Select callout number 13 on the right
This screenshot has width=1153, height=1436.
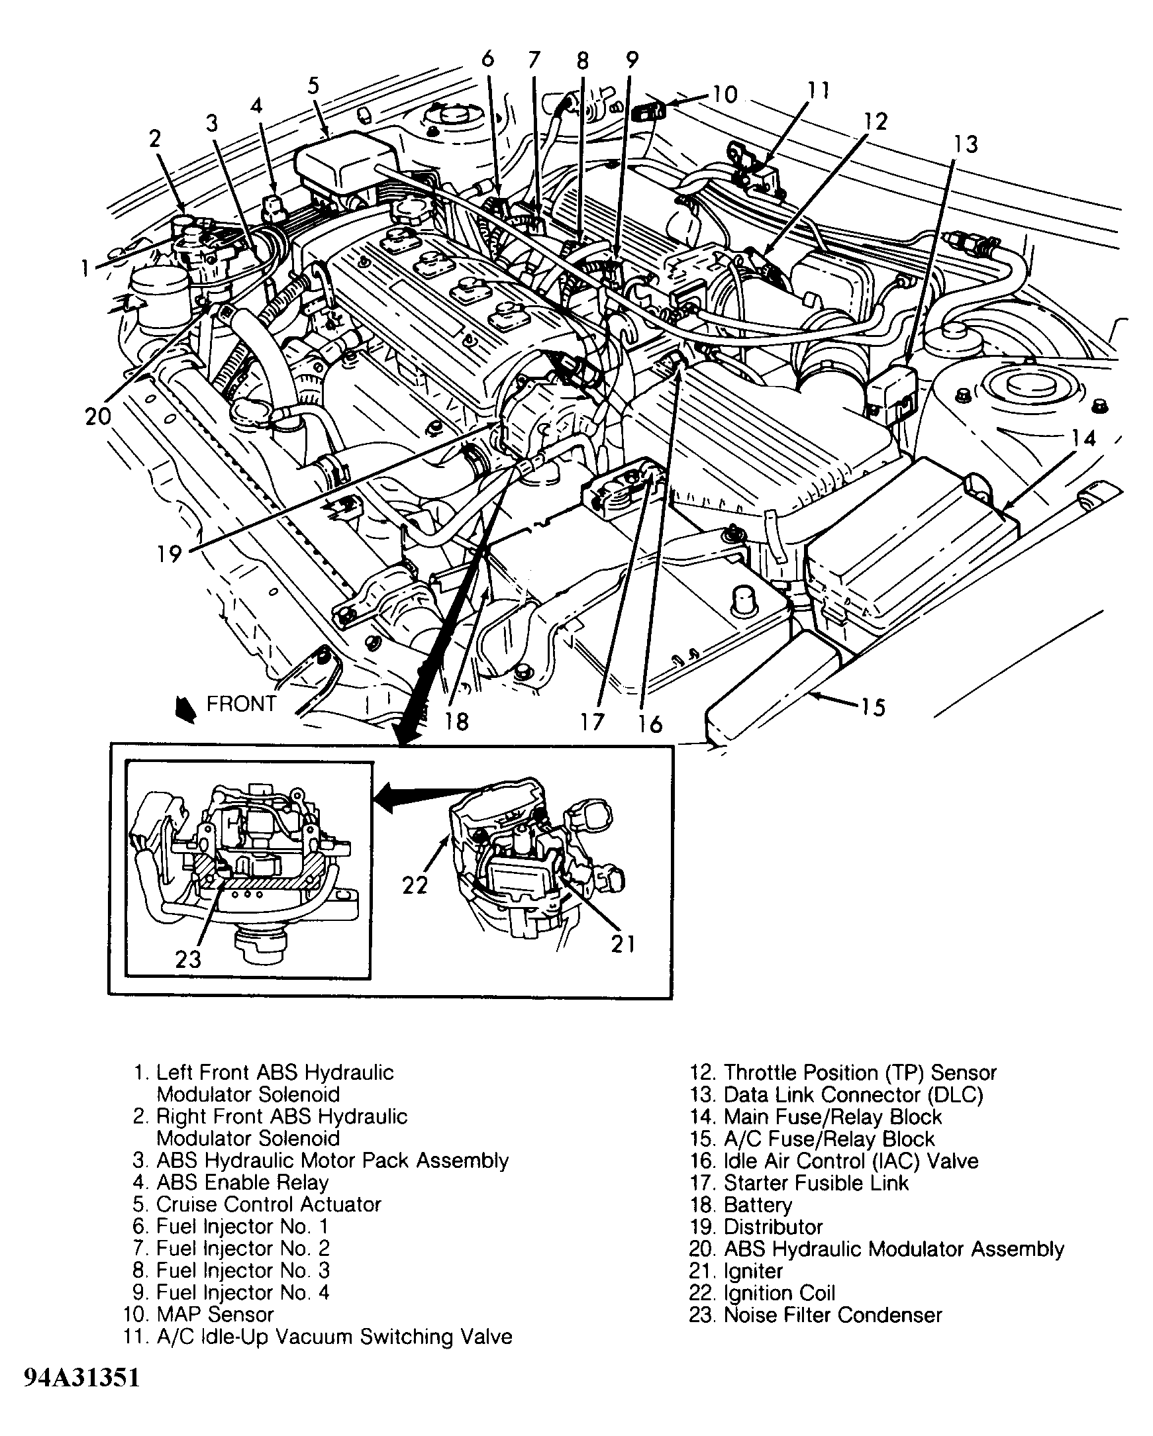pyautogui.click(x=966, y=144)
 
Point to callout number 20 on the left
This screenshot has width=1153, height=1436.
pyautogui.click(x=98, y=417)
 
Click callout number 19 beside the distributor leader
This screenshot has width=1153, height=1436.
pyautogui.click(x=169, y=553)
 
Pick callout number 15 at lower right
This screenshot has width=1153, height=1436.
pyautogui.click(x=873, y=706)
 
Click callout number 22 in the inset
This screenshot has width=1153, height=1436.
pyautogui.click(x=415, y=885)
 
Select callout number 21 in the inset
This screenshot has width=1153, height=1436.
pyautogui.click(x=623, y=944)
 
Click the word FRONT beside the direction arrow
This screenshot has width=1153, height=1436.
pyautogui.click(x=241, y=704)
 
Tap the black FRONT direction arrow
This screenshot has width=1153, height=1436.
pyautogui.click(x=185, y=709)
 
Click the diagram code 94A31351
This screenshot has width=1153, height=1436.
pyautogui.click(x=82, y=1378)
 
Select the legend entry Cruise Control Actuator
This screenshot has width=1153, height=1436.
pyautogui.click(x=268, y=1204)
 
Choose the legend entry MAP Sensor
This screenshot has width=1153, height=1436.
pyautogui.click(x=215, y=1314)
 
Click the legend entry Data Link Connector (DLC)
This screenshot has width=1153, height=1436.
pyautogui.click(x=852, y=1095)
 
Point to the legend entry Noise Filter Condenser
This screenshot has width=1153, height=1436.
pyautogui.click(x=832, y=1315)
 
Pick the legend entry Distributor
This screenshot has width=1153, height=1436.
pyautogui.click(x=773, y=1227)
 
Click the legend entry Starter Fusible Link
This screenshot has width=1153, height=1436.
pyautogui.click(x=815, y=1183)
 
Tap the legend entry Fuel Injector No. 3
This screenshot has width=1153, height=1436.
pyautogui.click(x=242, y=1270)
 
